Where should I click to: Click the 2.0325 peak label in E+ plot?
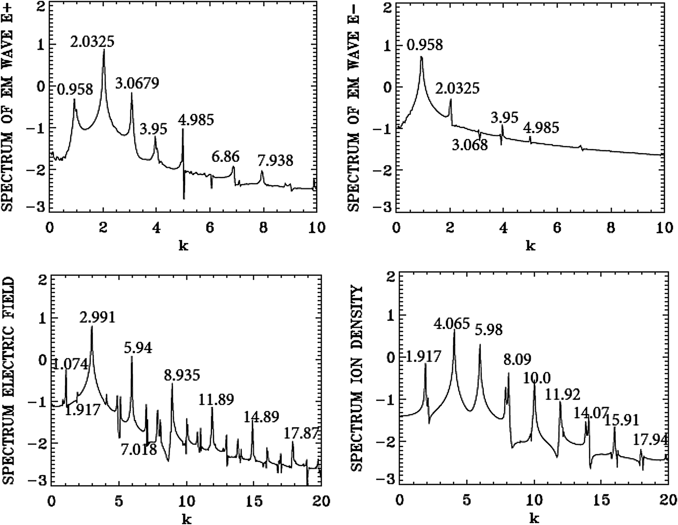[x=92, y=42]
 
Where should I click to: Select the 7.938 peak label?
[x=276, y=160]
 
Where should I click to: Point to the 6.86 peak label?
[x=225, y=157]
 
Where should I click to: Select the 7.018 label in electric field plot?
[x=139, y=450]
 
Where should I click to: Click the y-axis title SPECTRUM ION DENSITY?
[x=357, y=378]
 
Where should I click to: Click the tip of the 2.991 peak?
[x=92, y=327]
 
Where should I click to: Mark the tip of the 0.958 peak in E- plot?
[x=421, y=57]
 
